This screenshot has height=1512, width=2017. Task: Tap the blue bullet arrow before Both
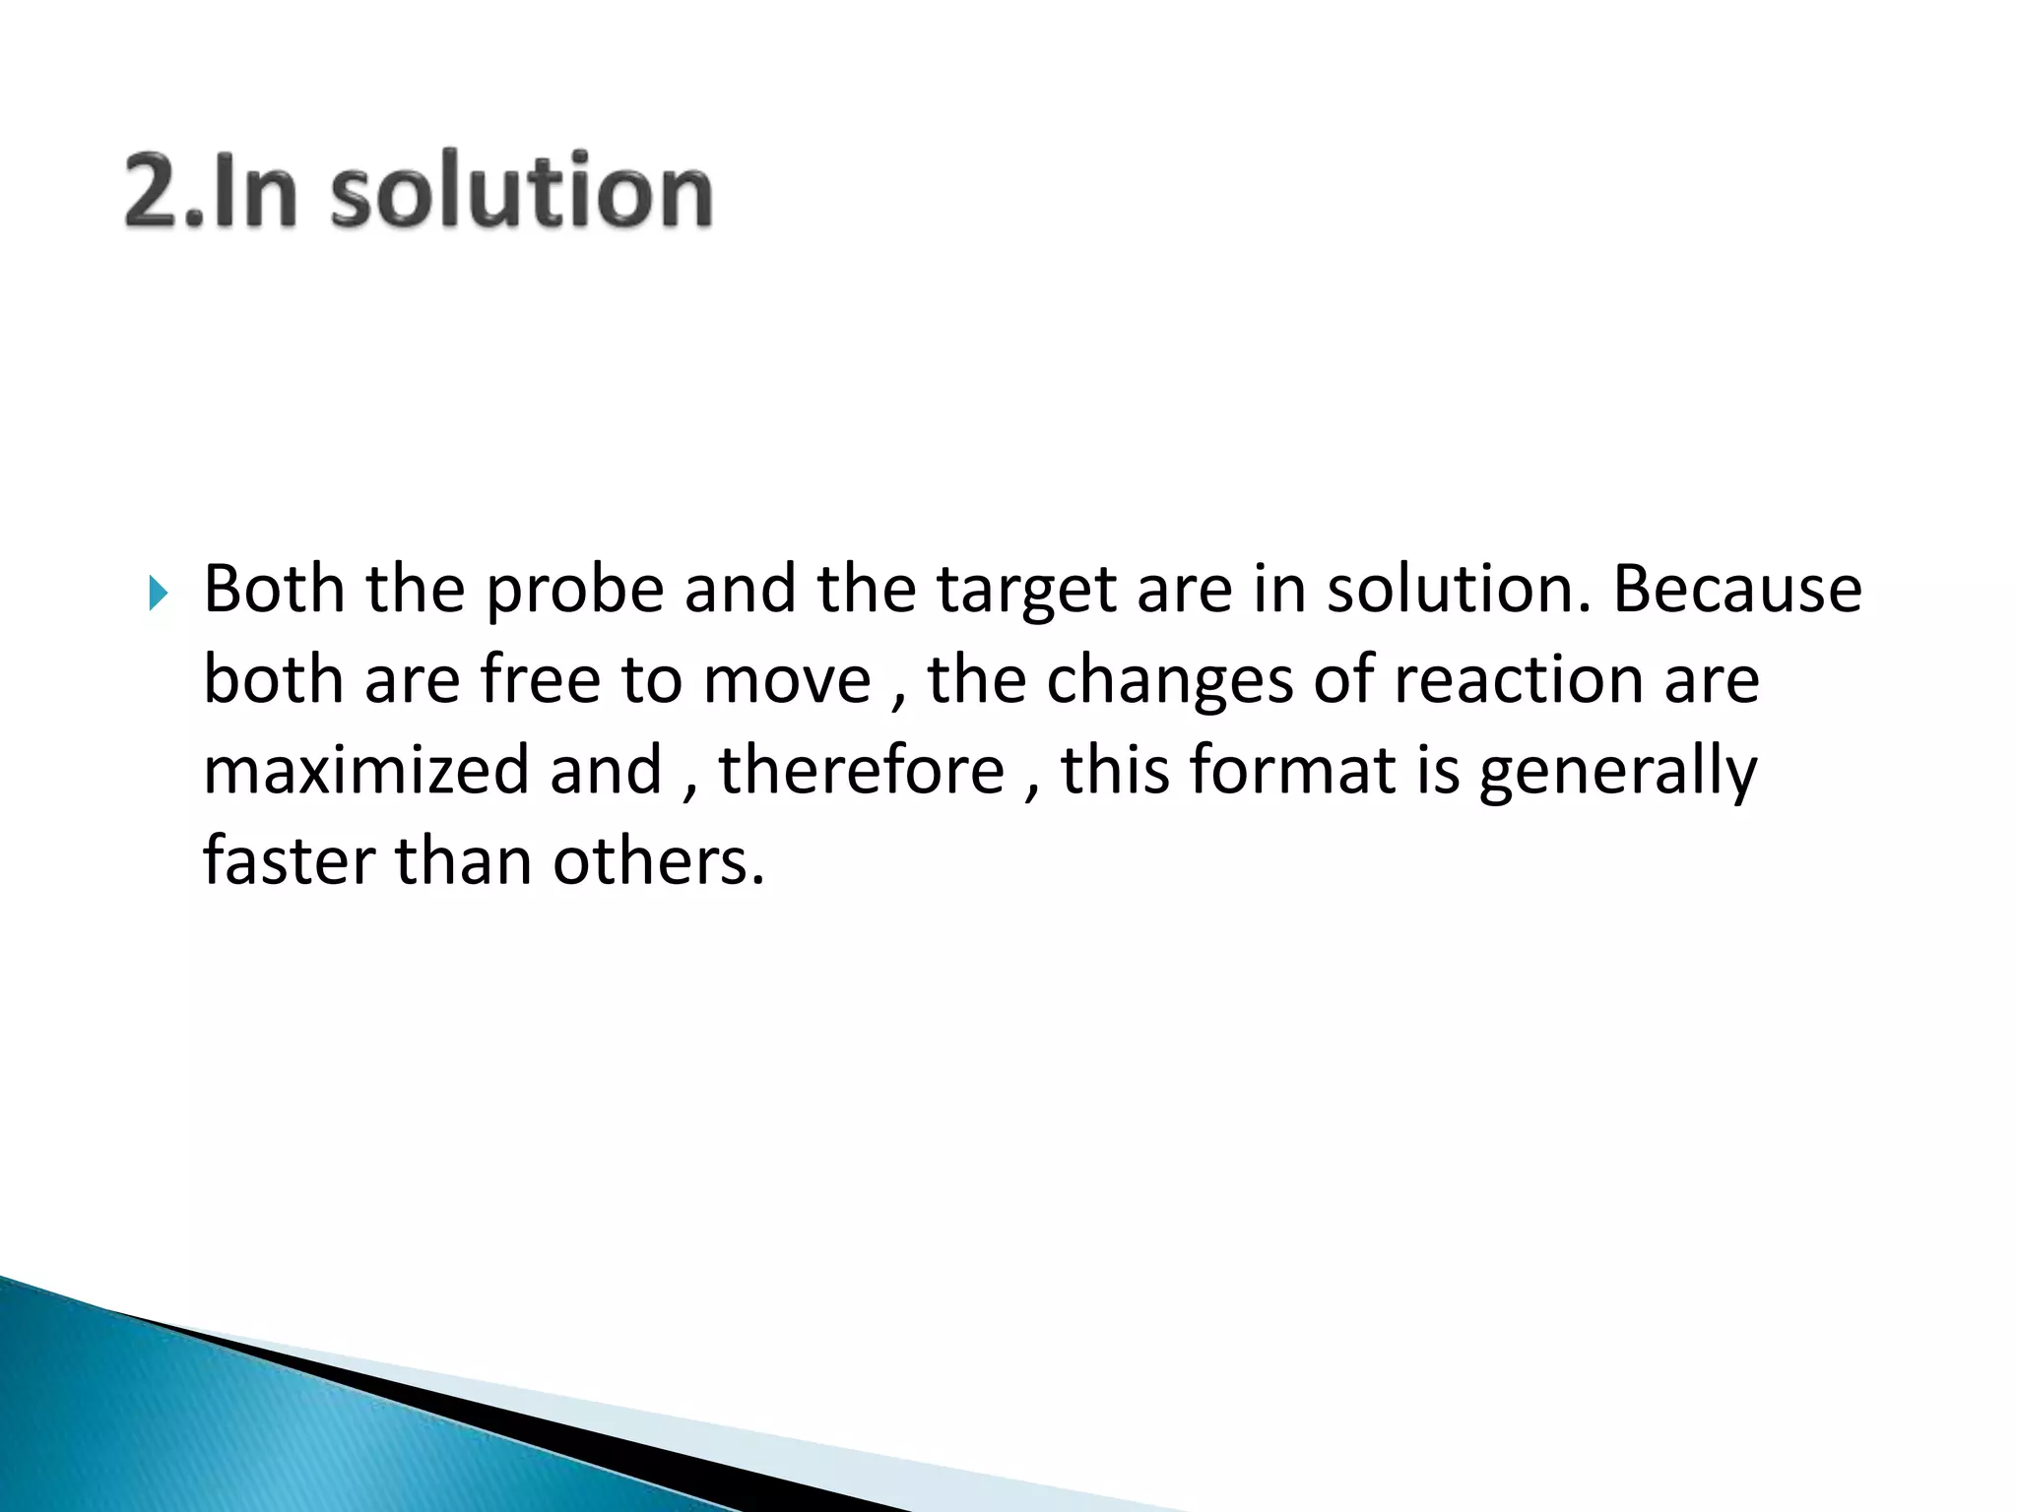click(x=159, y=593)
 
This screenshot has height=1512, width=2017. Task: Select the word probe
click(x=575, y=591)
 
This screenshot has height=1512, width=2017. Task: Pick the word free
click(x=540, y=681)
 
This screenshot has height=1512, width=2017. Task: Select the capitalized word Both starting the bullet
click(x=274, y=591)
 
